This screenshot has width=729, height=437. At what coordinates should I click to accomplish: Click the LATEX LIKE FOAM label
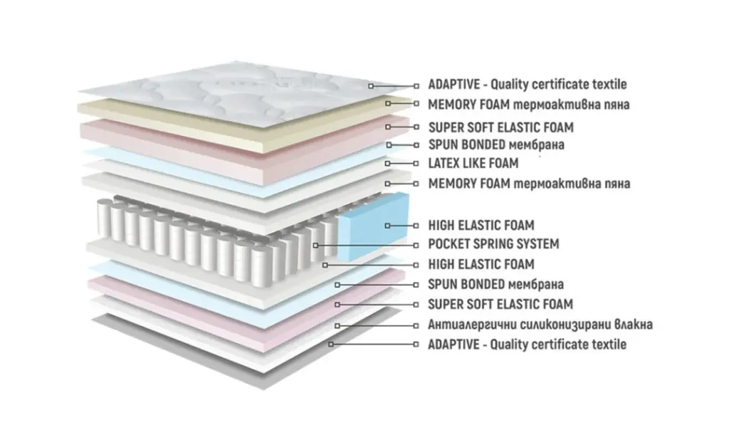pos(473,164)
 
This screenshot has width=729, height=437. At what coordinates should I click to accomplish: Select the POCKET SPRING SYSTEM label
pos(493,244)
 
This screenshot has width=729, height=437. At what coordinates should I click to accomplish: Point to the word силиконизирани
pos(555,325)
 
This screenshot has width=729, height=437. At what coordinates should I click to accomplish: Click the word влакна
pos(629,325)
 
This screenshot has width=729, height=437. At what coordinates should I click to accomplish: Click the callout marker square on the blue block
pos(387,226)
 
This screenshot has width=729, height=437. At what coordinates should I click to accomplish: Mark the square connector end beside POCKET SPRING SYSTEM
pos(416,244)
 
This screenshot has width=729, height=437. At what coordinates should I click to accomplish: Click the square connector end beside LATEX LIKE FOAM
pos(416,164)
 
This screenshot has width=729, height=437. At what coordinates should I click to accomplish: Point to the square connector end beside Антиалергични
pos(416,325)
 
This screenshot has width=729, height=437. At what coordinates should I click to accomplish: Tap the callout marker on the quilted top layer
pos(371,85)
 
